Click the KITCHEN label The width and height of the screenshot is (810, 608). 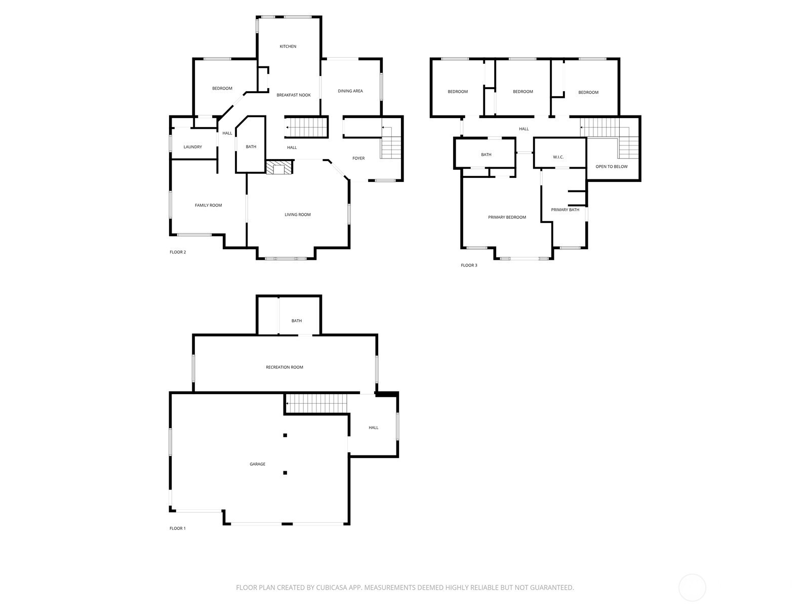[288, 47]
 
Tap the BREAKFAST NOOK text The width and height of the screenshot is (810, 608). [293, 95]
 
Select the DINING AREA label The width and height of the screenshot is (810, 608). [350, 91]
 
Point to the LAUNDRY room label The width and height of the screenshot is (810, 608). [193, 147]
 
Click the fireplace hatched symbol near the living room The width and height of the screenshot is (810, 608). [279, 167]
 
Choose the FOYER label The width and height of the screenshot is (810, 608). [358, 159]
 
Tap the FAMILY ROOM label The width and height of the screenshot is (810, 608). [208, 205]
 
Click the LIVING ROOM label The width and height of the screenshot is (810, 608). [298, 215]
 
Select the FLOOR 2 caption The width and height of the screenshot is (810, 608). [178, 252]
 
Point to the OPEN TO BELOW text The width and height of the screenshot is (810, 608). [612, 167]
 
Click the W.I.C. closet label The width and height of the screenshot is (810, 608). [558, 157]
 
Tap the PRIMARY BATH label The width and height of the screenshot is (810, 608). [565, 210]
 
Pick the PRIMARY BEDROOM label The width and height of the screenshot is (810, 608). [507, 217]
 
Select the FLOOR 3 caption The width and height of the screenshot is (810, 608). [469, 265]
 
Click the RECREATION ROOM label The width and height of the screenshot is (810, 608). [284, 367]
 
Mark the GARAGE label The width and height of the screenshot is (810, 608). [257, 464]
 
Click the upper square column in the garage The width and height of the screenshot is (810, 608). [285, 436]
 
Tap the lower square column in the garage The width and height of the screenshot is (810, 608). [285, 473]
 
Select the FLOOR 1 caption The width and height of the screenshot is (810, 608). [178, 528]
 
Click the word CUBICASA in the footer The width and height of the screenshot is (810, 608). [332, 588]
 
